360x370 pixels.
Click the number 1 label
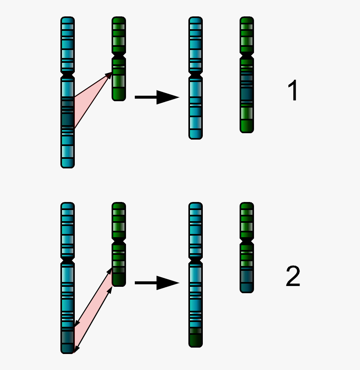click(x=293, y=91)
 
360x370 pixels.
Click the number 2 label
click(x=293, y=277)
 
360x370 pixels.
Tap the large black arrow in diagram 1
click(x=157, y=97)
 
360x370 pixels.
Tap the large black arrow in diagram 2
click(x=157, y=283)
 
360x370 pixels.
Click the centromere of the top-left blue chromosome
click(x=68, y=75)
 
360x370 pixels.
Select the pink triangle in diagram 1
click(x=90, y=100)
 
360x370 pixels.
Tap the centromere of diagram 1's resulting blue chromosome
click(x=195, y=75)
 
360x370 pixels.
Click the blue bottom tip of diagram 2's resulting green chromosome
click(x=247, y=282)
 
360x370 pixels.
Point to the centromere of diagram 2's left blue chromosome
click(x=68, y=260)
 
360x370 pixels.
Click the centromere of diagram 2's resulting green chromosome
click(x=247, y=241)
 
